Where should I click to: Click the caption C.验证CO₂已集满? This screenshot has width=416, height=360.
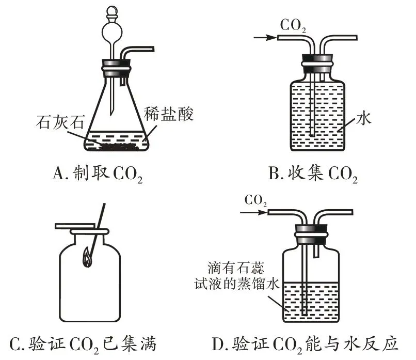tap(84, 343)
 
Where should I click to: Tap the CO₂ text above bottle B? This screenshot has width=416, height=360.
tap(293, 25)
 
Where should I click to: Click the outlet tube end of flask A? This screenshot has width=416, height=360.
tap(153, 49)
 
